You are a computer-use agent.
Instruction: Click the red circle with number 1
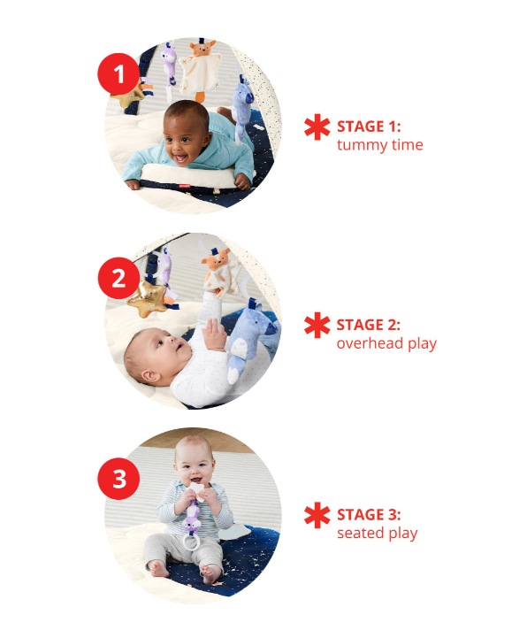point(118,74)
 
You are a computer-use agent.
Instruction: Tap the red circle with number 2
point(118,279)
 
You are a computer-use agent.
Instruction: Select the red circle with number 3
point(118,479)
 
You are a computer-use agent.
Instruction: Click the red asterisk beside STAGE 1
point(317,127)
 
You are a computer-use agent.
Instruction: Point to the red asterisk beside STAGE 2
point(317,325)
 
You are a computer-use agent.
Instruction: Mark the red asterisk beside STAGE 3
point(317,515)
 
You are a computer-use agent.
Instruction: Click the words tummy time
point(380,145)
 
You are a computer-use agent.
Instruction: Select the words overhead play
point(386,343)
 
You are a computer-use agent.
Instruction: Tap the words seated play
point(377,533)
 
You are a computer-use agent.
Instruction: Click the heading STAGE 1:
point(369,127)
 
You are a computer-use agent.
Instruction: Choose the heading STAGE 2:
point(369,325)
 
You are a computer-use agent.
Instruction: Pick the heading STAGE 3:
point(369,515)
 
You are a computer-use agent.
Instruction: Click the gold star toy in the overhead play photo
point(148,299)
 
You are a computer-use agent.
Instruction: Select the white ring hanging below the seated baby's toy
point(191,542)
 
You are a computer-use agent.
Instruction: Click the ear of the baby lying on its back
point(151,375)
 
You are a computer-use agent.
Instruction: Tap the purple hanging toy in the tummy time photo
point(169,65)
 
